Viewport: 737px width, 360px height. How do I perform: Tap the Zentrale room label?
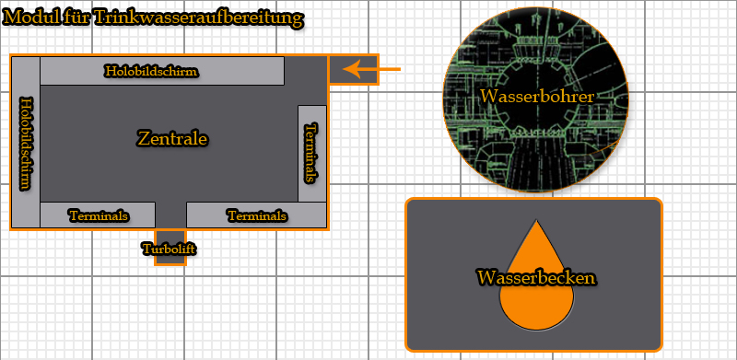(x=172, y=139)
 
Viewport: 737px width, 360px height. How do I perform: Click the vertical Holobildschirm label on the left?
(x=26, y=144)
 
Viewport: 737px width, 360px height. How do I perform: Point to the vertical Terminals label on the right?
(x=312, y=153)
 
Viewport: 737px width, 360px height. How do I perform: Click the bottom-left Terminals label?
(x=98, y=215)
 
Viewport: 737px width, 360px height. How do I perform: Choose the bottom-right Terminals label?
(x=257, y=215)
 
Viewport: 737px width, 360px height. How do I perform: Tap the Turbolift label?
(x=170, y=248)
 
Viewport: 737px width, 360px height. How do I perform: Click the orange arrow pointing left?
(x=391, y=70)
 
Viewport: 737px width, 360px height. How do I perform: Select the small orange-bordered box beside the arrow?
(x=354, y=70)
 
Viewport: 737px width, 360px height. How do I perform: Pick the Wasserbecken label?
(x=535, y=276)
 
